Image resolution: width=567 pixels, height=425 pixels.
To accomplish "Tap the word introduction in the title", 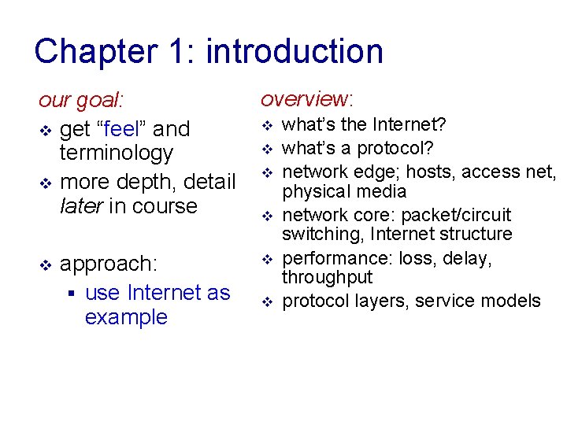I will pos(294,52).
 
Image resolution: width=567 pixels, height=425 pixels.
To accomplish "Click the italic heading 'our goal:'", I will pos(81,102).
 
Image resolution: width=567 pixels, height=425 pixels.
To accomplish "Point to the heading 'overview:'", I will pos(307,99).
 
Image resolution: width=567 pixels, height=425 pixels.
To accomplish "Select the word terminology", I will pos(116,153).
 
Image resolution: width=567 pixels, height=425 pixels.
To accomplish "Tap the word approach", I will pos(109,263).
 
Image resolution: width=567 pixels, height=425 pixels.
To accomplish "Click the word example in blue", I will pos(126,317).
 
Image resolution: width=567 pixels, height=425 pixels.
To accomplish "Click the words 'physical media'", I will pos(344,191).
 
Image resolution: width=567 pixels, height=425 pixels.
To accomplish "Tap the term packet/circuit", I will pos(456,215).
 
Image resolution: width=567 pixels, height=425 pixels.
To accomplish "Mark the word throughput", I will pos(327,277).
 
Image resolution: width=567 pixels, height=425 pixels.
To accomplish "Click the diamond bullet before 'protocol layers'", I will pos(266,301).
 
